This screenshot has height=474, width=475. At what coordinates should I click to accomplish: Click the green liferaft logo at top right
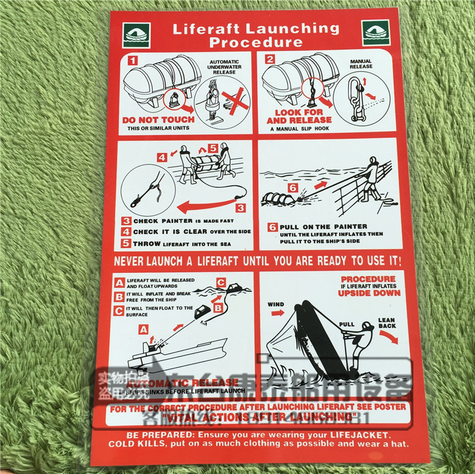pos(375,32)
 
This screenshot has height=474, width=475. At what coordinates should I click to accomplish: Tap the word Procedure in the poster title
pos(256,43)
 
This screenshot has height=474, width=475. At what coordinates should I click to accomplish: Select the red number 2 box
pos(269,60)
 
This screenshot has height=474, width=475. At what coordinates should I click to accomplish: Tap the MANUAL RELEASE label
pos(361,64)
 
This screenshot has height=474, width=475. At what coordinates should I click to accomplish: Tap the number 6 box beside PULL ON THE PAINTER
pos(272,227)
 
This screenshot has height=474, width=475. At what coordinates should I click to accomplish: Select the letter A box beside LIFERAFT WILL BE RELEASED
pos(120,282)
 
